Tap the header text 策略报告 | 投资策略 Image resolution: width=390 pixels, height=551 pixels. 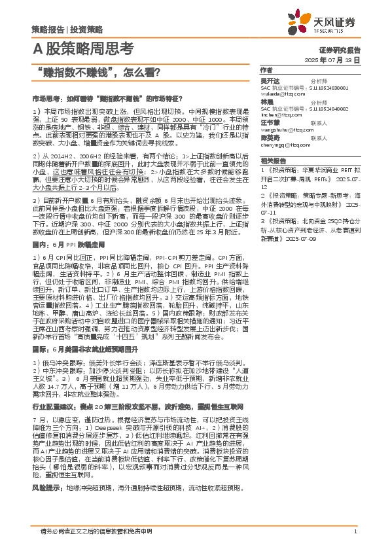pos(67,29)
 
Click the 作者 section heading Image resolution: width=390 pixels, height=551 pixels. pos(266,69)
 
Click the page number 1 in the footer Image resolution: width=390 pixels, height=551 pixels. pos(355,531)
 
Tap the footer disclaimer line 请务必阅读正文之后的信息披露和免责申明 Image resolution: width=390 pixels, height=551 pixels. pos(97,531)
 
